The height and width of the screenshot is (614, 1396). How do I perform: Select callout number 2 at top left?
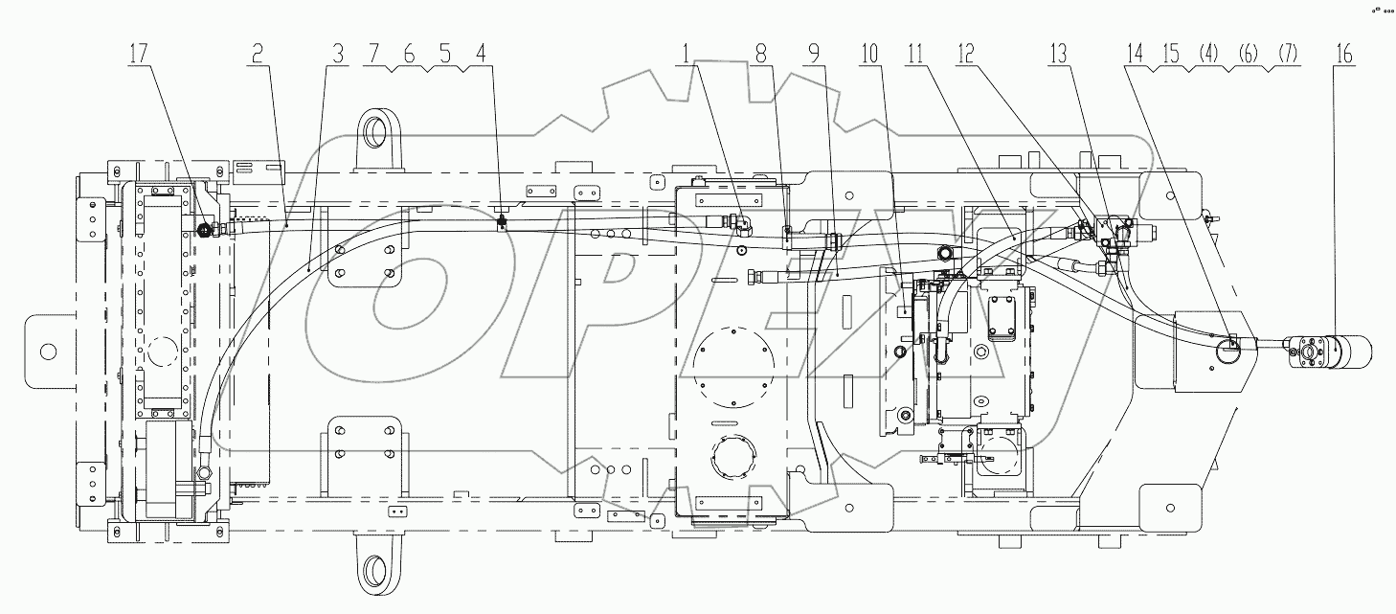[x=257, y=57]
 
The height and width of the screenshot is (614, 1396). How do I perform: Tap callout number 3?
[x=336, y=57]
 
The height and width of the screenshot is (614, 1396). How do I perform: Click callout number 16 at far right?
[x=1344, y=57]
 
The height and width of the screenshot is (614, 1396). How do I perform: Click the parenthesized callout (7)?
[x=1284, y=57]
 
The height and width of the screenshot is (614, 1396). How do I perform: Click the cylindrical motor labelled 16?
[x=1345, y=352]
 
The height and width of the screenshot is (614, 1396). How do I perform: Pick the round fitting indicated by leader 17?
[x=204, y=229]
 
